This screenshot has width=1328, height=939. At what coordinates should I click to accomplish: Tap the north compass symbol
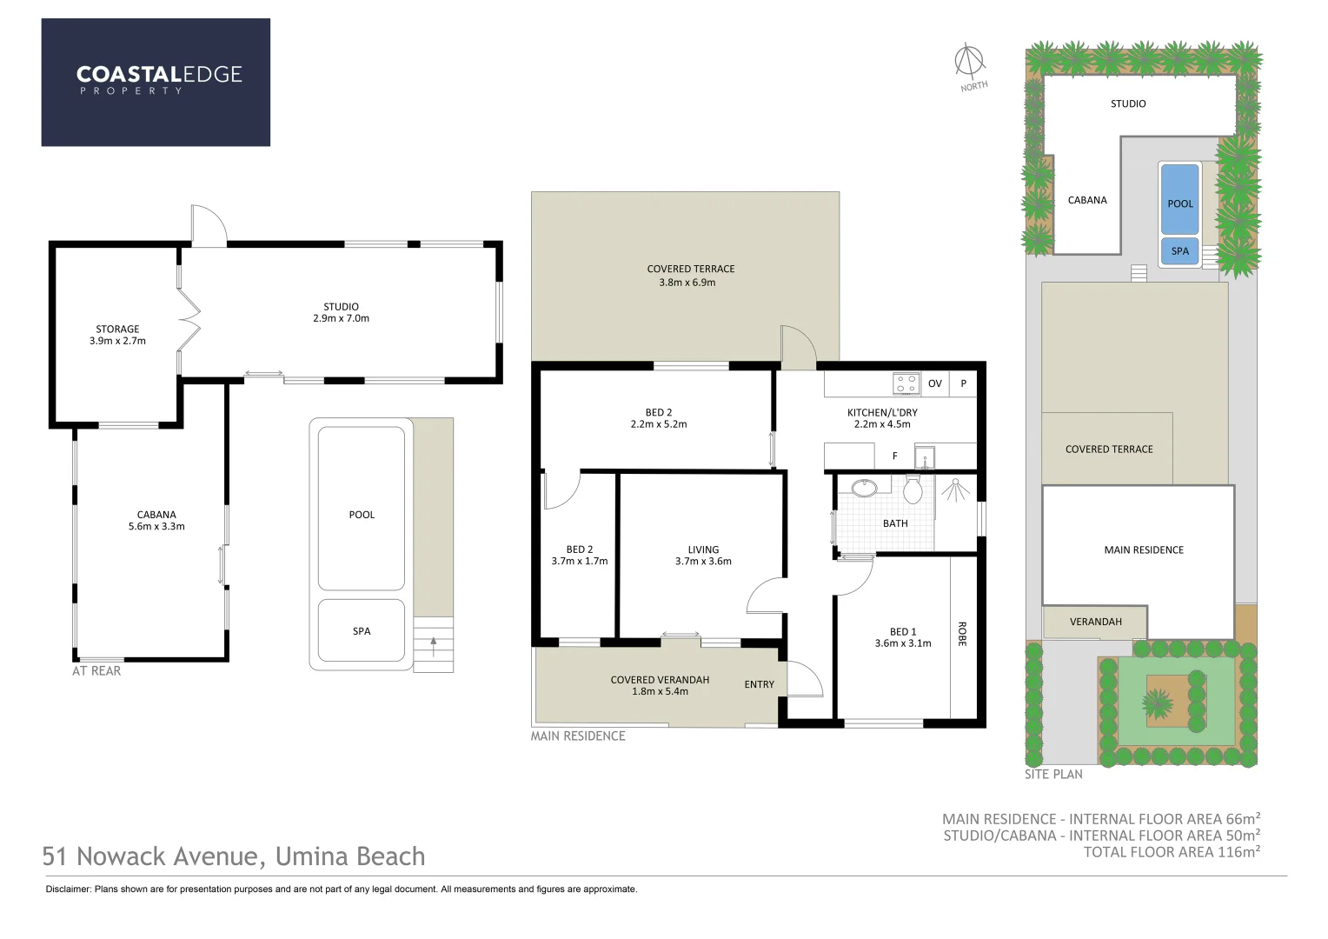pos(969,63)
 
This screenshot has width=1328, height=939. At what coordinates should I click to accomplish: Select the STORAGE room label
pos(117,335)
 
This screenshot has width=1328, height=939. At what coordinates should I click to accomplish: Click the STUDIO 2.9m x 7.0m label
pos(341,312)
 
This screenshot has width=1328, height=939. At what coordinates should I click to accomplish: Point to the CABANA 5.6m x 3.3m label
pos(156,520)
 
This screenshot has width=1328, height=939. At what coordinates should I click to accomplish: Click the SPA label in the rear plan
pos(362,631)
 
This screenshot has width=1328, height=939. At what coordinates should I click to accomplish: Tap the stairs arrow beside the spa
pos(433,645)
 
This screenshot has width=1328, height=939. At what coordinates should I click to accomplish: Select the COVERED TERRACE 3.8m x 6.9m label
pos(690,276)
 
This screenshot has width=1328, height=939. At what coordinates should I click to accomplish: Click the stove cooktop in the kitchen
pos(906,383)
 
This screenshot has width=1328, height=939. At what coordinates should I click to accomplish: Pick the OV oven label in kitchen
pos(934,383)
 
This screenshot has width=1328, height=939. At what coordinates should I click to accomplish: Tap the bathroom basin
pos(864,488)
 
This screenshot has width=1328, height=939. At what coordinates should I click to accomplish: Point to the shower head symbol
pos(955,489)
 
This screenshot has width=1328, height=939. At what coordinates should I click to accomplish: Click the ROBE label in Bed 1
pos(962,634)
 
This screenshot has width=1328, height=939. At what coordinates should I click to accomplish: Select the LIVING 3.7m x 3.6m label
pos(703,556)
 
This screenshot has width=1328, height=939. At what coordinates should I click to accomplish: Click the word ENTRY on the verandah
pos(759,684)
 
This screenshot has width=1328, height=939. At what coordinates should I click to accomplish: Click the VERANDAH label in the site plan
pos(1095,622)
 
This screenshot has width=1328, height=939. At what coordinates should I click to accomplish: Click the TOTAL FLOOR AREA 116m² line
pos(1171,852)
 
